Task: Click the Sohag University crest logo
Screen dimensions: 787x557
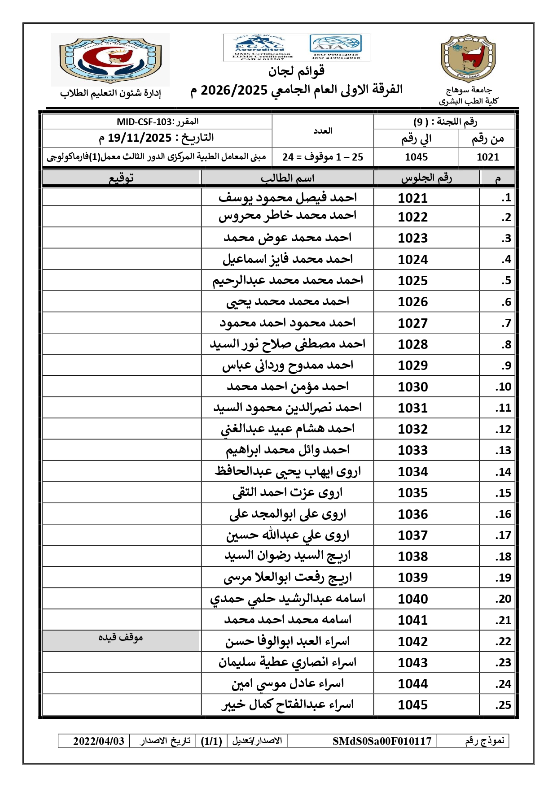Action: point(468,58)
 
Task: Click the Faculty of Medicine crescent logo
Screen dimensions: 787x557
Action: point(110,59)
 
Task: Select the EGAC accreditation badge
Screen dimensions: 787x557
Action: point(259,47)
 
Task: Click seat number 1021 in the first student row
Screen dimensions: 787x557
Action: point(412,198)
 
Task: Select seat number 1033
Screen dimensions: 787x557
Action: point(412,450)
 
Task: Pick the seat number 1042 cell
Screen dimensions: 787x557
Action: point(412,641)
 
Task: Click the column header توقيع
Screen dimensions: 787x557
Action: point(121,178)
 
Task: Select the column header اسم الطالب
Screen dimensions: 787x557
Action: point(287,178)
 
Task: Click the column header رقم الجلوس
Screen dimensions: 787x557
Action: point(426,178)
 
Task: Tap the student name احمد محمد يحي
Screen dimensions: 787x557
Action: point(287,301)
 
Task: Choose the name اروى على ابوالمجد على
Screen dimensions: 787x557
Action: point(287,514)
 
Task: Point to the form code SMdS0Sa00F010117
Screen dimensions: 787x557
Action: point(382,741)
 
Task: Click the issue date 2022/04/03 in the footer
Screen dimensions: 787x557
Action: point(99,741)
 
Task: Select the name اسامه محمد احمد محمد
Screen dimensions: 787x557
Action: point(287,620)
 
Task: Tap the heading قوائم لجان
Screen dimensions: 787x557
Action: point(296,71)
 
